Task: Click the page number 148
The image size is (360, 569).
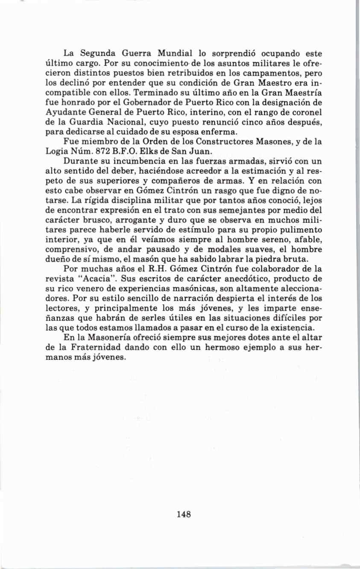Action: pos(183,514)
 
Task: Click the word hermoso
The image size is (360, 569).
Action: pos(224,348)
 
